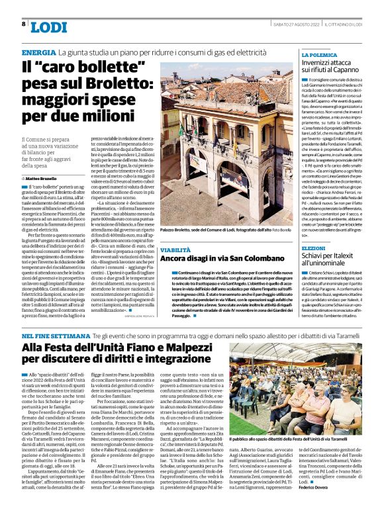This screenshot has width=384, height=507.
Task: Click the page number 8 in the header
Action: [23, 24]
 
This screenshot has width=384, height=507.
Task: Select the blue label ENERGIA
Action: [38, 52]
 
